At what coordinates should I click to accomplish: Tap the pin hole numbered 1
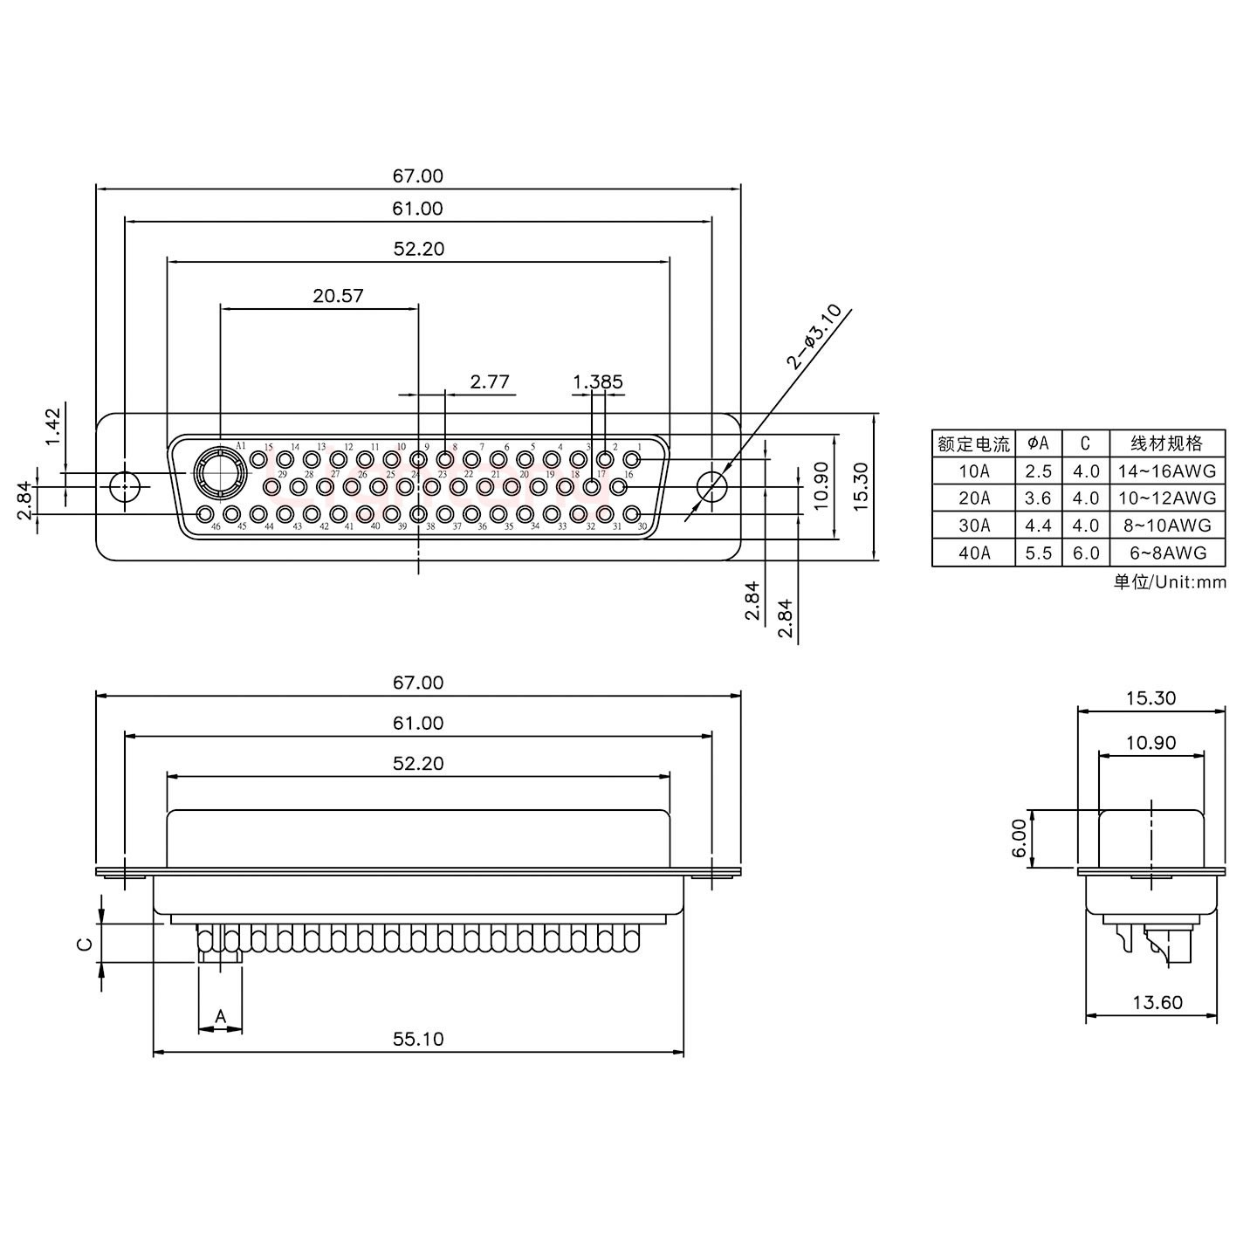pos(632,458)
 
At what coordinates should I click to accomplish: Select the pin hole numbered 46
pos(205,513)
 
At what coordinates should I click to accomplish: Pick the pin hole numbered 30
pos(632,513)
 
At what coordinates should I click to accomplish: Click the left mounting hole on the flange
pos(125,485)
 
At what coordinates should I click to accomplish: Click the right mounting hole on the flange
pos(712,485)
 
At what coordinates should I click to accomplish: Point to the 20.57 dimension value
pos(338,296)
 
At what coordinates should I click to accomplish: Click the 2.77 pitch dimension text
pos(489,381)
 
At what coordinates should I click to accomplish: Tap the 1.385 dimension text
pos(598,381)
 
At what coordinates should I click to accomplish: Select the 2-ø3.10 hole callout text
pos(814,336)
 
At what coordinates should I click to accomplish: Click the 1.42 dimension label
pos(52,426)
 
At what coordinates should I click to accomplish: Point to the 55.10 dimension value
pos(418,1039)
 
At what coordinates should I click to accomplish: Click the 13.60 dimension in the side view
pos(1157,1002)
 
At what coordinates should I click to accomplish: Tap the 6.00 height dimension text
pos(1019,838)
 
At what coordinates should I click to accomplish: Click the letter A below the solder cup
pos(221,1015)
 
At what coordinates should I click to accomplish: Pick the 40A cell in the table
pos(973,553)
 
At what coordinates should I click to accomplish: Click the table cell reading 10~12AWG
pos(1166,498)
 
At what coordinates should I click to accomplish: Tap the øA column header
pos(1038,443)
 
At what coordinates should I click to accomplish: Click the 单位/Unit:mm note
pos(1170,582)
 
